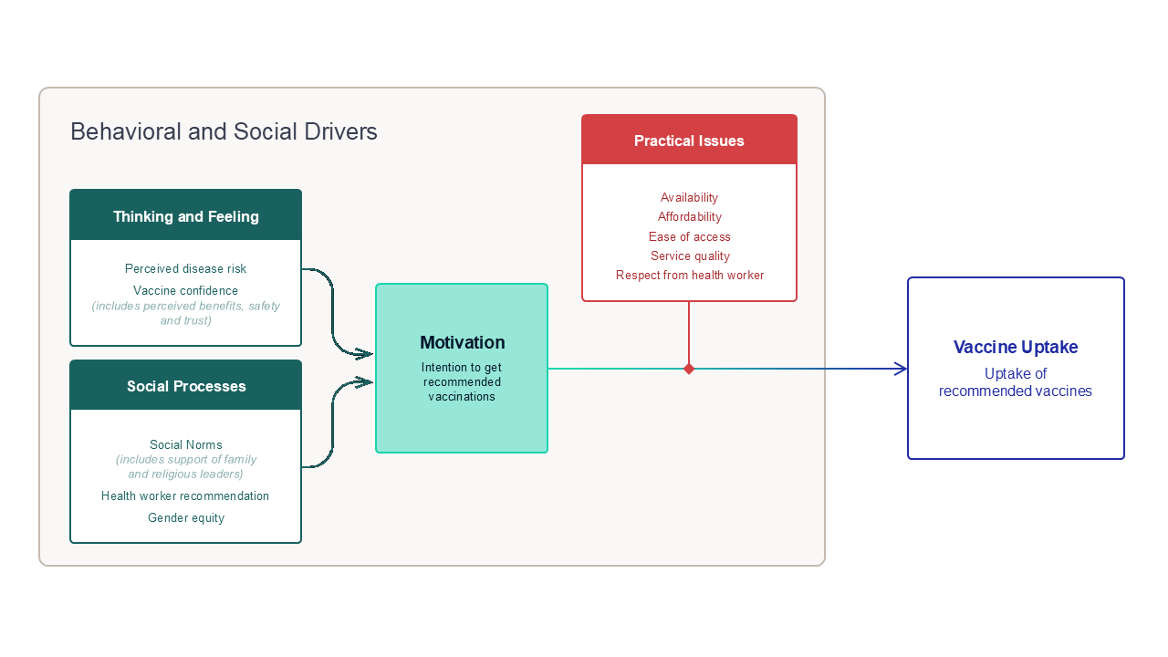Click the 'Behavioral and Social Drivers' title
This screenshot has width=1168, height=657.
tap(224, 131)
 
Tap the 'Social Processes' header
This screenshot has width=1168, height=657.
tap(185, 385)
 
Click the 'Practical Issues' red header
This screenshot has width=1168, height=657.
tap(689, 140)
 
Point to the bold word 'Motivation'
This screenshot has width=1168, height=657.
tap(463, 342)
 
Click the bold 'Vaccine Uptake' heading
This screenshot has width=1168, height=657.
tap(1016, 347)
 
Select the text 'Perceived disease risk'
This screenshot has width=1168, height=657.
tap(185, 268)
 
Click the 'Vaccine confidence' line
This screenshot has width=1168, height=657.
tap(185, 290)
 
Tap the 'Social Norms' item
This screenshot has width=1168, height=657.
tap(185, 444)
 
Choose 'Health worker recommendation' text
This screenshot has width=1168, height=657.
tap(185, 495)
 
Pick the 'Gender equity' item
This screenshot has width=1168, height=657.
tap(186, 517)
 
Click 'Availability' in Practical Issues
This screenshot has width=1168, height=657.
tap(689, 198)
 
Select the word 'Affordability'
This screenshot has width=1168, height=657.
tap(689, 217)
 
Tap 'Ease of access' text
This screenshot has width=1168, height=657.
tap(689, 236)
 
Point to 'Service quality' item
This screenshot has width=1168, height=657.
tap(690, 256)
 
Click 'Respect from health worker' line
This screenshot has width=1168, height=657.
tap(690, 276)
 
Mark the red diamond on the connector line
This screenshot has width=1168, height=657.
tap(689, 369)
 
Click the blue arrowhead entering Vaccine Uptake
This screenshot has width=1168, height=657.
tap(901, 369)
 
